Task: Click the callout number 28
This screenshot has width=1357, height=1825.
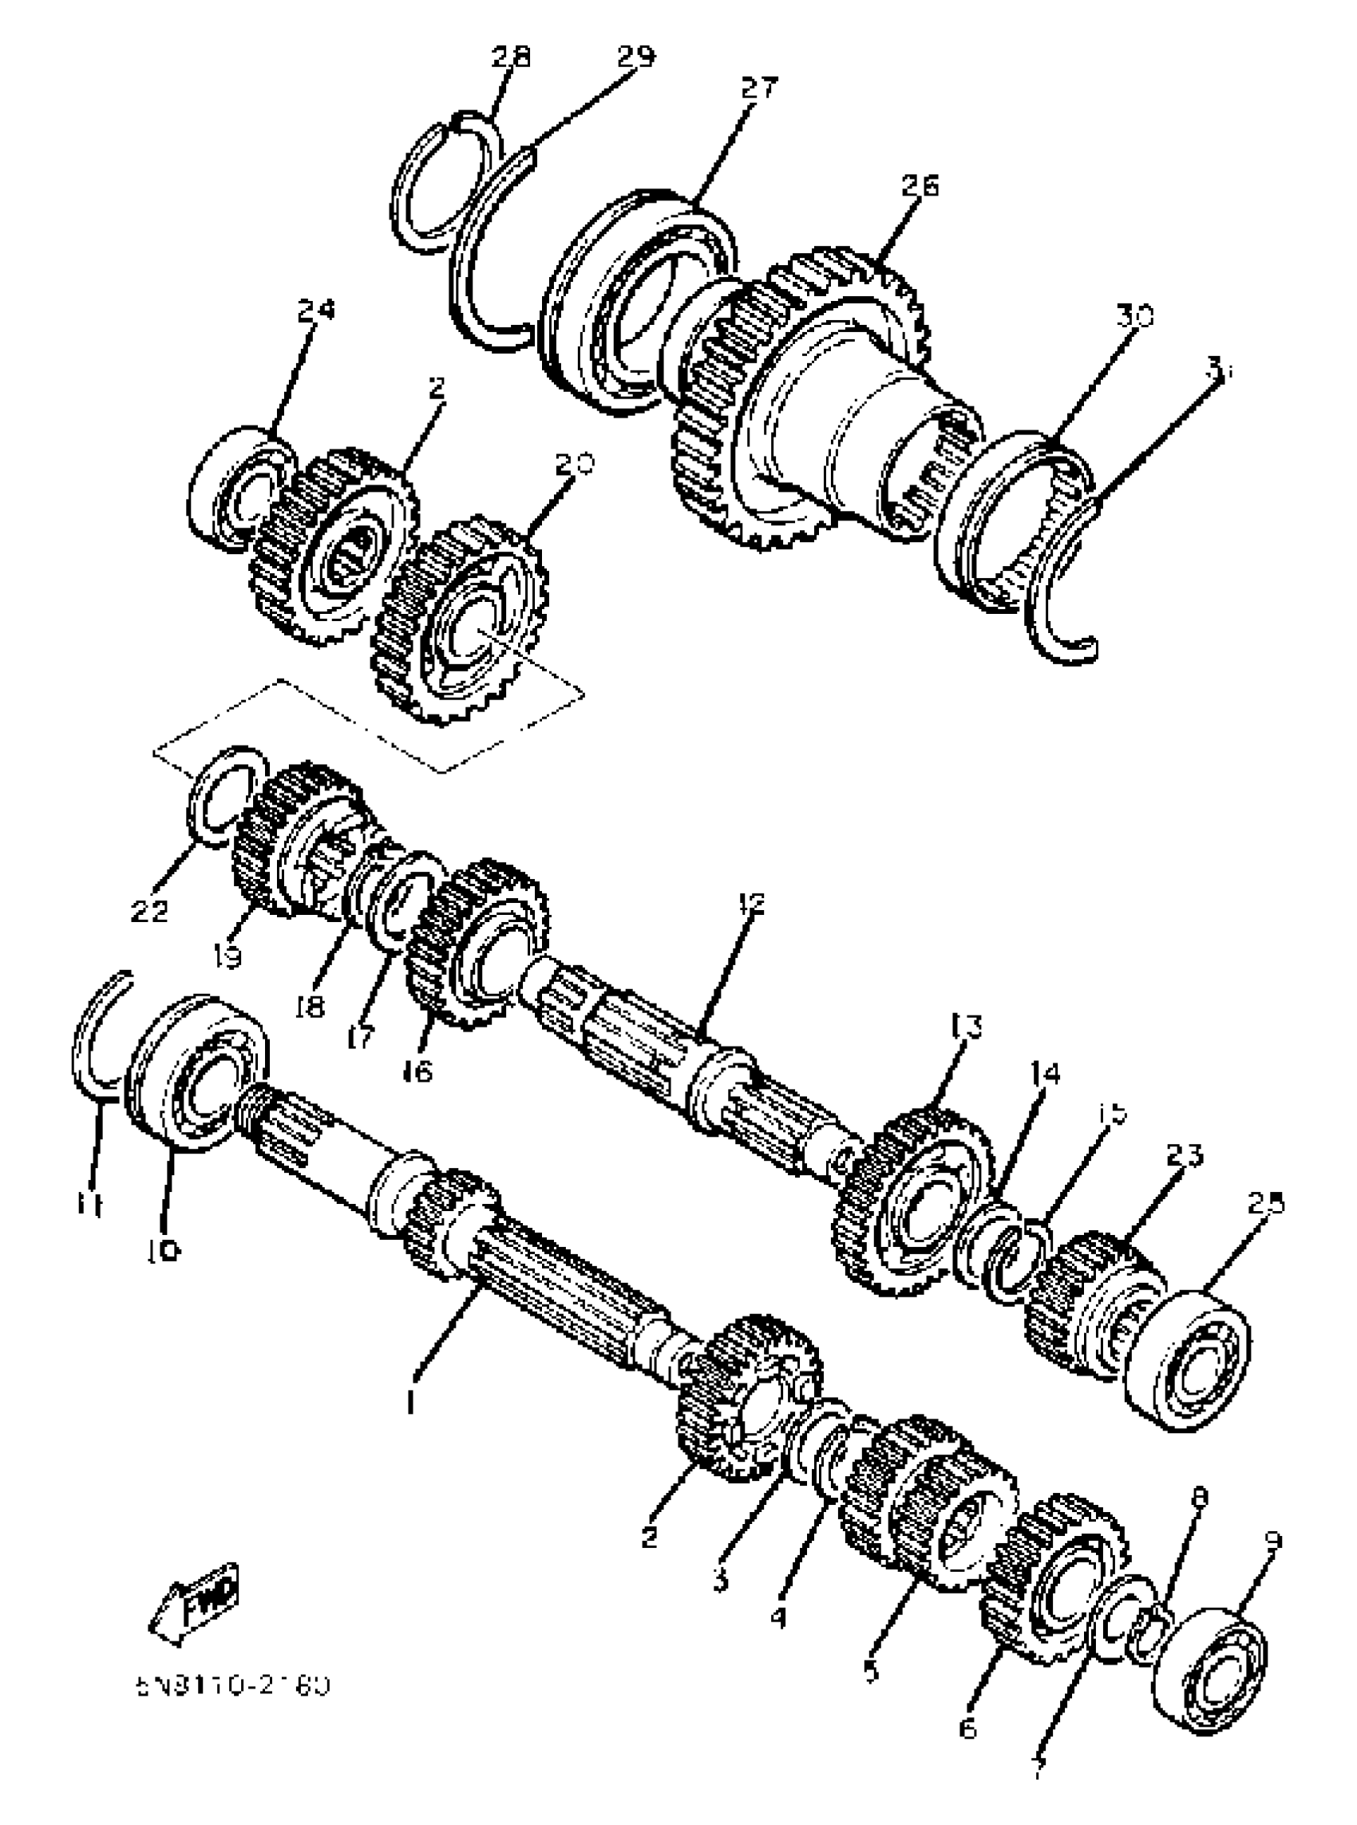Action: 511,57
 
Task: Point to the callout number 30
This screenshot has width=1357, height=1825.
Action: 1134,315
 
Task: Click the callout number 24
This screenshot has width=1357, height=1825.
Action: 316,311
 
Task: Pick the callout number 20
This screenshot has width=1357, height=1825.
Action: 572,465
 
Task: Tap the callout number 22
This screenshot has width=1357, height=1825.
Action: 149,910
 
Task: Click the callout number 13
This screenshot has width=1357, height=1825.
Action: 966,1027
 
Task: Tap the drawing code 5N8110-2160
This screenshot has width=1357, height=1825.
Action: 234,1686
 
